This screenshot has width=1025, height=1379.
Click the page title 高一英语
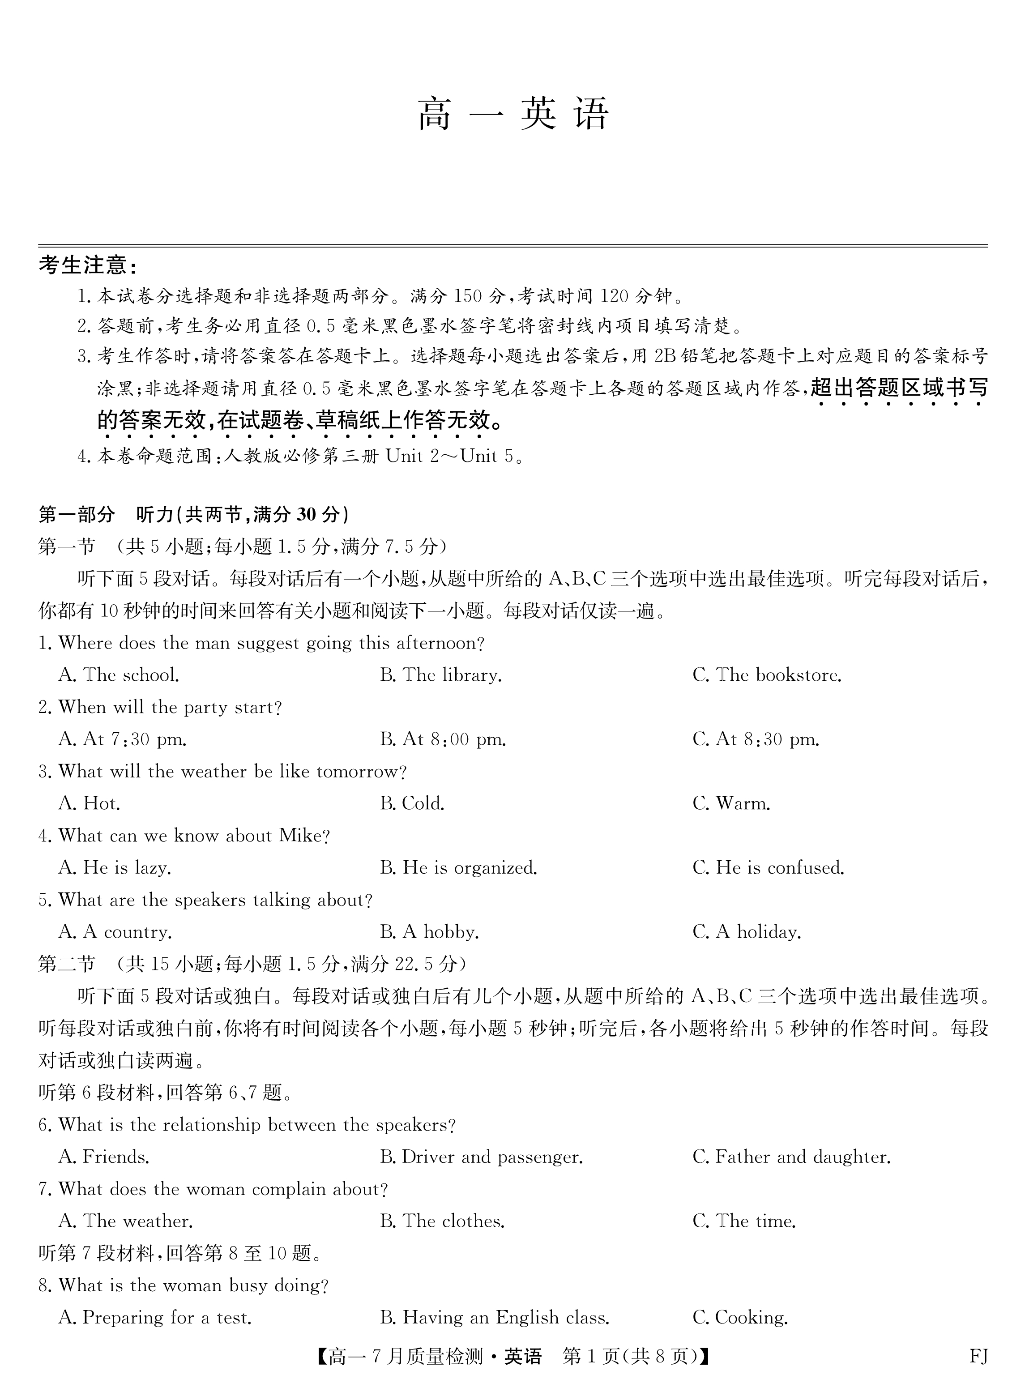(x=512, y=114)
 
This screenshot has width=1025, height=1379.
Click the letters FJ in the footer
(x=978, y=1357)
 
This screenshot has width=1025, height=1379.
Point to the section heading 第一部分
(x=77, y=514)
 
